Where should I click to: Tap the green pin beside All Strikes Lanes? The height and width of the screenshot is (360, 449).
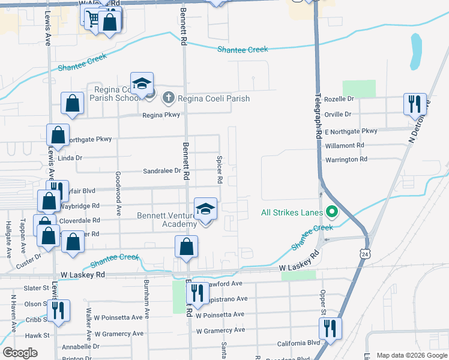coord(331,212)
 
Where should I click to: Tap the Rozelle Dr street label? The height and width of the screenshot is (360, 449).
coord(339,98)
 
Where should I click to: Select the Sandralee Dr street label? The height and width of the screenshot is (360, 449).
coord(162,171)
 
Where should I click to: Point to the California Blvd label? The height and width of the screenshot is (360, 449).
coord(298,344)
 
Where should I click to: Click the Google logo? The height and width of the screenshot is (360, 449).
coord(20,353)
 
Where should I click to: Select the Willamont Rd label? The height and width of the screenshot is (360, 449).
coord(344,145)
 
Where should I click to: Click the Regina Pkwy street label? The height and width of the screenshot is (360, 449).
coord(161,115)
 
